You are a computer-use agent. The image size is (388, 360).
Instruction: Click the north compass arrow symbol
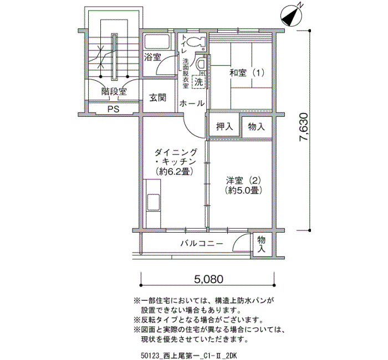[292, 16]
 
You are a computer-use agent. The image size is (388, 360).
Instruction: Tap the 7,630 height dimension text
[304, 127]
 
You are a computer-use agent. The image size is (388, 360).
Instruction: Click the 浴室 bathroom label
[152, 58]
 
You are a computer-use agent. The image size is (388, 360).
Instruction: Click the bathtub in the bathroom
[157, 42]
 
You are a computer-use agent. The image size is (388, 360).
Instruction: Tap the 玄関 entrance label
[157, 98]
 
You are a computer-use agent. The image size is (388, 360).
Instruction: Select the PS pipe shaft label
[113, 109]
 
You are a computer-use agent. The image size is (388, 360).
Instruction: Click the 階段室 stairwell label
[114, 91]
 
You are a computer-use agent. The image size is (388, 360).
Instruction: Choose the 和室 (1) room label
[247, 73]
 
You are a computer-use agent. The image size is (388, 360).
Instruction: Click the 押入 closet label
[224, 127]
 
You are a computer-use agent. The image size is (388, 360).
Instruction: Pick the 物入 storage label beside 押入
[256, 127]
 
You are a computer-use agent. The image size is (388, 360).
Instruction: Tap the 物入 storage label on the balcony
[261, 244]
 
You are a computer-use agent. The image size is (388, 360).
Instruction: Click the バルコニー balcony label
[202, 244]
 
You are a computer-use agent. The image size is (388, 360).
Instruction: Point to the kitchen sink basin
[153, 202]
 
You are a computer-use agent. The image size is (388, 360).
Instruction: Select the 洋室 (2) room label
[243, 181]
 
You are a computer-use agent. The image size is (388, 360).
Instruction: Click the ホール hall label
[192, 104]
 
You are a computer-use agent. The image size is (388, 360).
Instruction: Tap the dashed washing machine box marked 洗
[198, 81]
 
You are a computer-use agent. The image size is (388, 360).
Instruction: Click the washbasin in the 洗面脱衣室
[201, 65]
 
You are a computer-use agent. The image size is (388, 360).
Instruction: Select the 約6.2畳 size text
[174, 171]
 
